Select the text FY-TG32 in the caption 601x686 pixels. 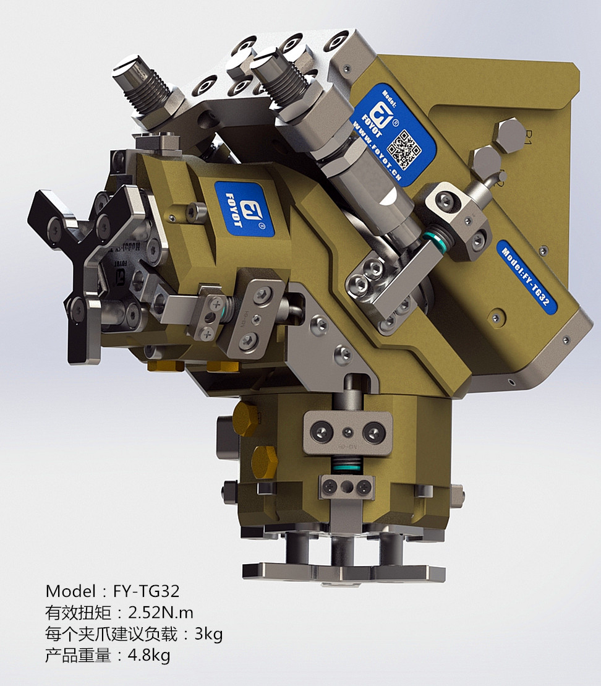tap(147, 591)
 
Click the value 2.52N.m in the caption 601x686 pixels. tap(161, 613)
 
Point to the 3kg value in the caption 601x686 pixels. tap(208, 634)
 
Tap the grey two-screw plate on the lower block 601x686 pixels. tap(347, 432)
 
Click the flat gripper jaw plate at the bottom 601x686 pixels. tap(343, 572)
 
